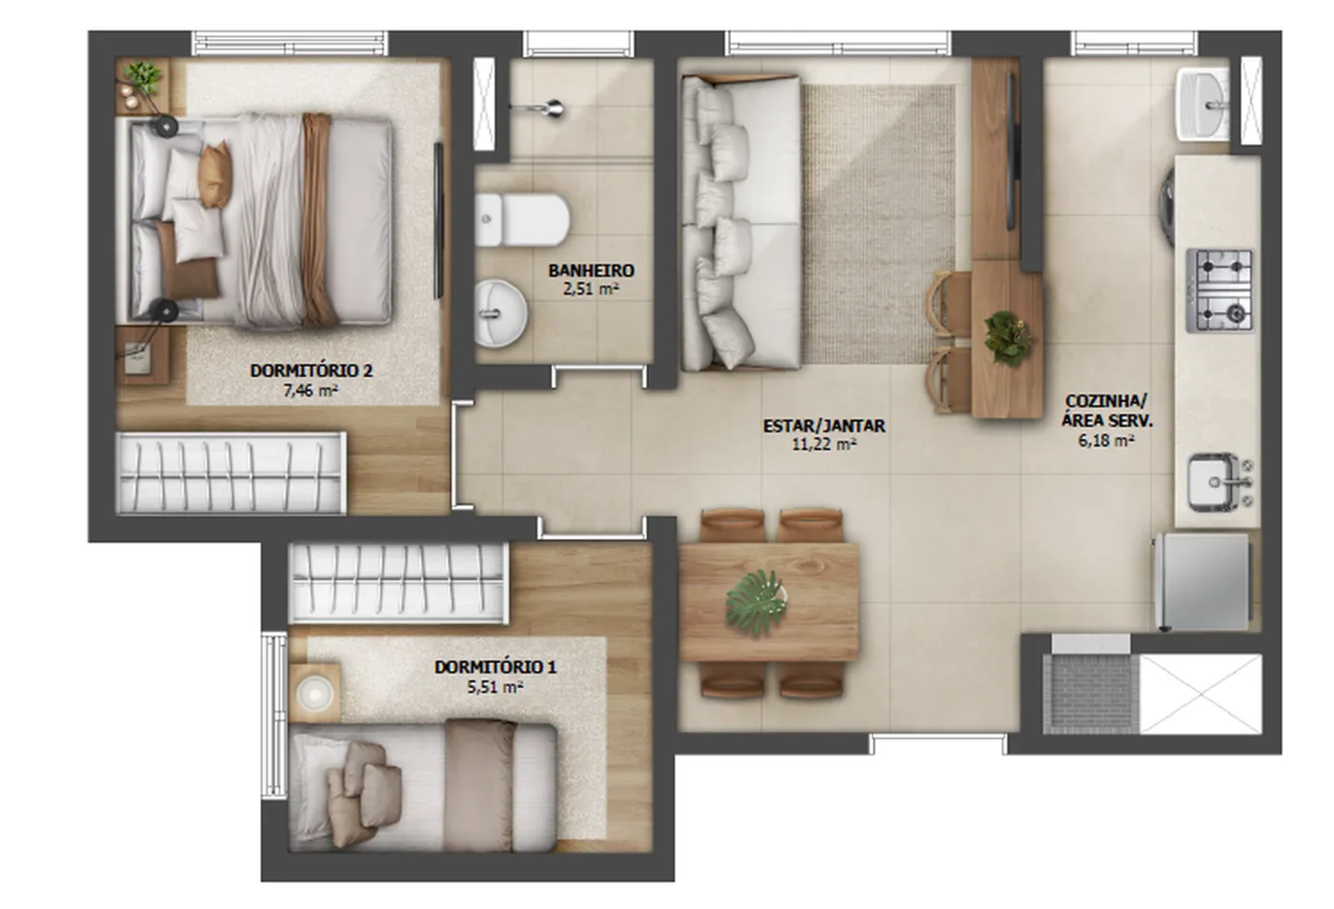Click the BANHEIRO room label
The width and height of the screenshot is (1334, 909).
pos(591,271)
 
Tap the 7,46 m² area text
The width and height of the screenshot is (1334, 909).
pos(311,391)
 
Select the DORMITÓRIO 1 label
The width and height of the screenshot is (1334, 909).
pos(495,667)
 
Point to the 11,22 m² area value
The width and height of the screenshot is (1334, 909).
pos(824,444)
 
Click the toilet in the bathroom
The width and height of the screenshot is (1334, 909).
pos(522,219)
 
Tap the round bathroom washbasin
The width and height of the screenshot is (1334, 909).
pos(500,313)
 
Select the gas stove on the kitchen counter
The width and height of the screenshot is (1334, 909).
pos(1220,291)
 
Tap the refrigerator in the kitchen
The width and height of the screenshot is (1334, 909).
pos(1203,582)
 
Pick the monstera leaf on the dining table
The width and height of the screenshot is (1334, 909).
pos(755,603)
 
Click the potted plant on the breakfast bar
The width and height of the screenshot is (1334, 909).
pos(1008,337)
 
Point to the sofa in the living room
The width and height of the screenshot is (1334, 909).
pos(740,222)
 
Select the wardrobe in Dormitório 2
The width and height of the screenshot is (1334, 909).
pos(231,473)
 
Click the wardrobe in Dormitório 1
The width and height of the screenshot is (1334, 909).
pos(398,583)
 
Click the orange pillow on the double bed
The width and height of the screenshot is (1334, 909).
pos(215,175)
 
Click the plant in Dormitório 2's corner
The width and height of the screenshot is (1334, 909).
pos(143,76)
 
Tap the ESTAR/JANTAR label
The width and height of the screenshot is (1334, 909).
pos(824,425)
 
